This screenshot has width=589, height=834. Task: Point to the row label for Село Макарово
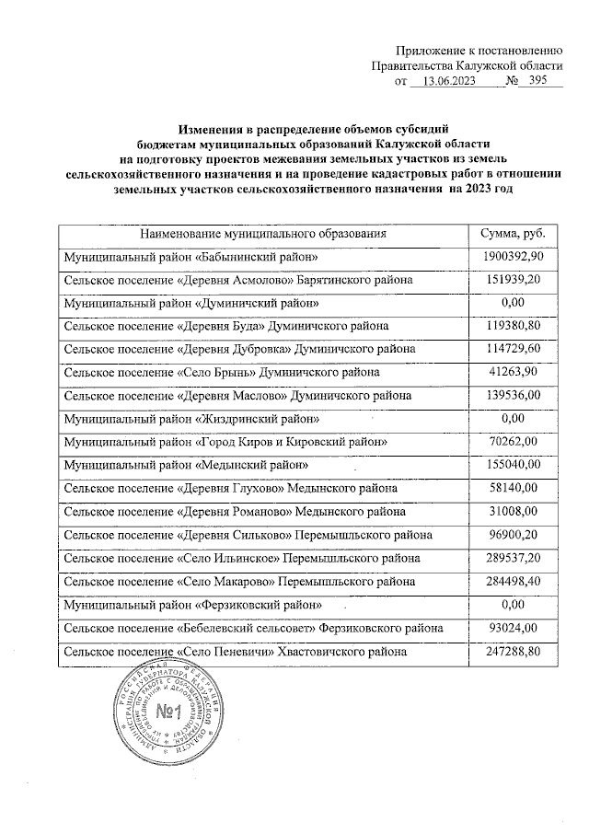(x=238, y=582)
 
